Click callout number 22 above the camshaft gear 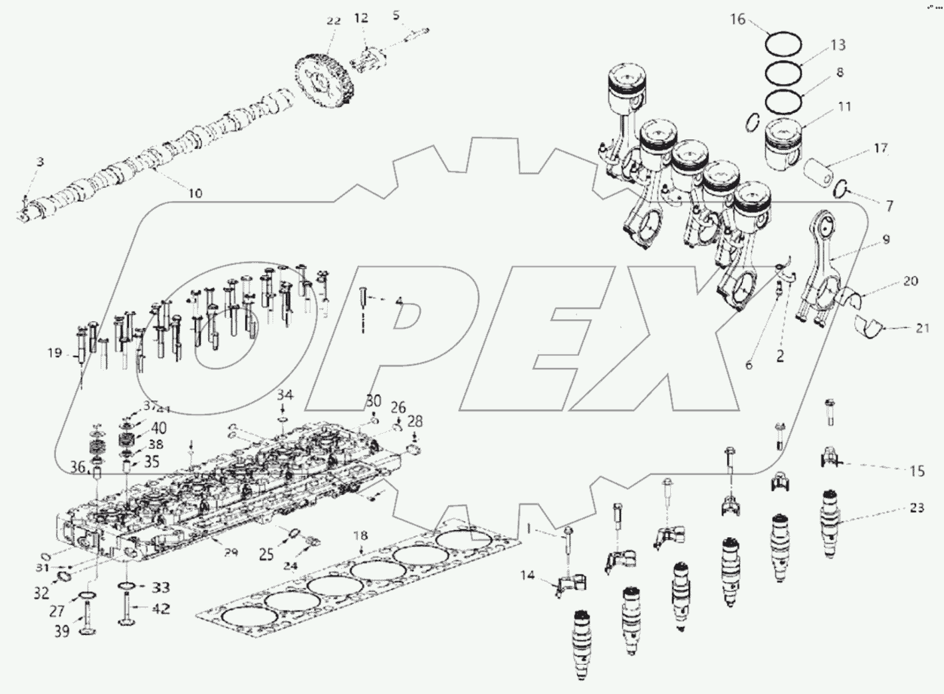pos(333,21)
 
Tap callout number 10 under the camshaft pos(195,193)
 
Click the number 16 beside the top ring pos(739,19)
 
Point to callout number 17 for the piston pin pos(880,148)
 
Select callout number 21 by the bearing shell pos(922,327)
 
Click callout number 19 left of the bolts pos(54,353)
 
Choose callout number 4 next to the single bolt pos(399,302)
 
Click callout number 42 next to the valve pos(161,608)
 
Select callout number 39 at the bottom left pos(61,632)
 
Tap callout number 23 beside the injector pos(917,508)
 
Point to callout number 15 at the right pos(917,471)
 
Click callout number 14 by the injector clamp pos(527,576)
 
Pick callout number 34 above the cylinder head pos(285,395)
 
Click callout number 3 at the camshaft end pos(40,162)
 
